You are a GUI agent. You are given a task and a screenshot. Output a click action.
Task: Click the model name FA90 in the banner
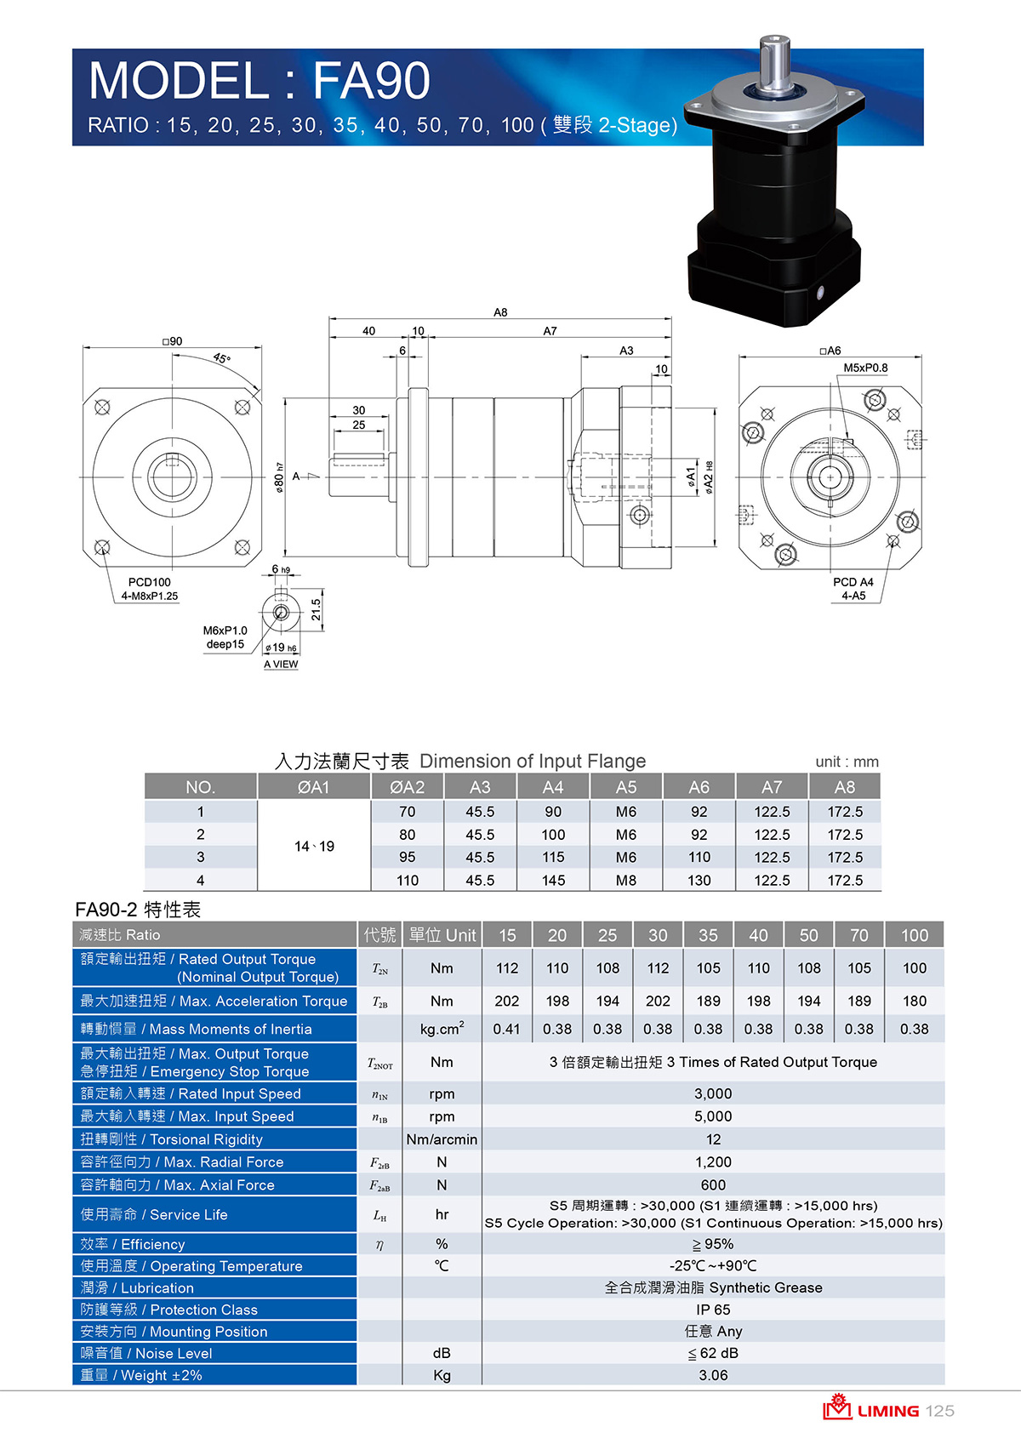click(371, 81)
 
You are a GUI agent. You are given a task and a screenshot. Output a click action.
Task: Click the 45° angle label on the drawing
click(221, 358)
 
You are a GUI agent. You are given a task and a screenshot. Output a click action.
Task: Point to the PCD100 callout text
click(150, 582)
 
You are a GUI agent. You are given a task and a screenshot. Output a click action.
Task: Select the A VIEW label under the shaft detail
click(281, 664)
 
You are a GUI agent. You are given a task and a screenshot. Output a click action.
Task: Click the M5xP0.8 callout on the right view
click(865, 368)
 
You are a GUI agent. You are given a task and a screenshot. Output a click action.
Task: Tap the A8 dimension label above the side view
click(500, 312)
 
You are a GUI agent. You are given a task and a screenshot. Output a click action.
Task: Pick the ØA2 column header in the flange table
click(408, 787)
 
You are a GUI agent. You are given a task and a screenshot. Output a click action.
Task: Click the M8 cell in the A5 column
click(626, 880)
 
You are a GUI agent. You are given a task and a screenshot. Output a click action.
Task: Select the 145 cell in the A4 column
click(553, 880)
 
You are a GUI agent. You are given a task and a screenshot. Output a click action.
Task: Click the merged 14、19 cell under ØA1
click(315, 847)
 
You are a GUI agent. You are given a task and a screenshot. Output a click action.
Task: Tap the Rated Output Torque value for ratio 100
click(914, 968)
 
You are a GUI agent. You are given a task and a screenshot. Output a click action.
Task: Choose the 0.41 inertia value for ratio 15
click(506, 1029)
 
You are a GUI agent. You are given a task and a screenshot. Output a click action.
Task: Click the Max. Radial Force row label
click(182, 1161)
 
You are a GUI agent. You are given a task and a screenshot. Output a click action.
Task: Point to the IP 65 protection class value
click(713, 1310)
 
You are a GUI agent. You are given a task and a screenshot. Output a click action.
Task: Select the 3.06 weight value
click(713, 1375)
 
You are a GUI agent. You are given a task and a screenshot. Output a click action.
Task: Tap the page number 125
click(939, 1411)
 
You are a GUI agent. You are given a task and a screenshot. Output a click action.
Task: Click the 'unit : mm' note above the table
click(847, 762)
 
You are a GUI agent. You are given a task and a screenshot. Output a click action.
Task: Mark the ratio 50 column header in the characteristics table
click(808, 935)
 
